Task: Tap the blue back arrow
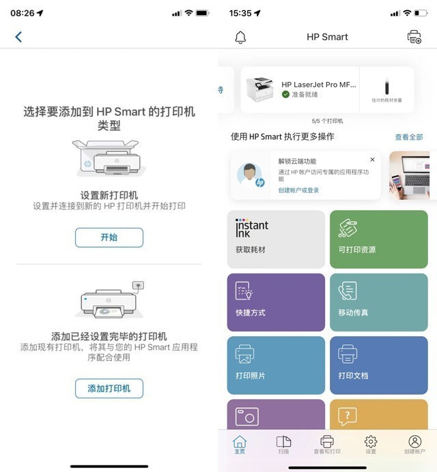(x=18, y=37)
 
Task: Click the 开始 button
(x=109, y=237)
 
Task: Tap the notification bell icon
(x=240, y=38)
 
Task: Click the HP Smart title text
(x=327, y=37)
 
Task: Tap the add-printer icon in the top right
(x=414, y=37)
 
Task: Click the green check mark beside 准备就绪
(x=286, y=94)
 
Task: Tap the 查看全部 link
(x=408, y=137)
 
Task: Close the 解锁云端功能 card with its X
(x=372, y=160)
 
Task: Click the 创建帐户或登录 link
(x=298, y=190)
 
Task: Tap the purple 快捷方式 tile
(x=276, y=302)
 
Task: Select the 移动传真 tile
(x=379, y=302)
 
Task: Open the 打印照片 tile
(x=276, y=365)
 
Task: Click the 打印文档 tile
(x=379, y=365)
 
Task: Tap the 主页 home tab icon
(x=240, y=442)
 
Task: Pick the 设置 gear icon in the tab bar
(x=371, y=442)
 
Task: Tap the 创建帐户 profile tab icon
(x=414, y=442)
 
